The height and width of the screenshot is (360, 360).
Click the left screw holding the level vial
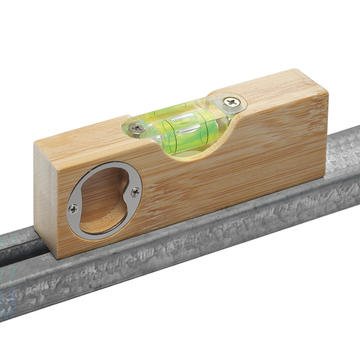[x=137, y=128]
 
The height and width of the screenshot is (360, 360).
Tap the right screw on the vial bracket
[x=231, y=101]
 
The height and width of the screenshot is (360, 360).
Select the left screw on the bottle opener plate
[x=73, y=209]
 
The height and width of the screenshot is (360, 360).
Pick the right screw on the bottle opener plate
[x=135, y=192]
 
